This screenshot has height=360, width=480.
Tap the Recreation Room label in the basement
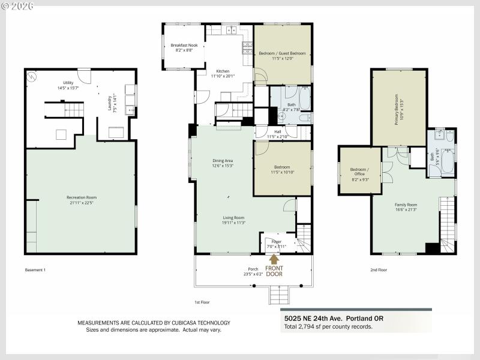82,197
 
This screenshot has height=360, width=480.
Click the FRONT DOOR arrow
275,259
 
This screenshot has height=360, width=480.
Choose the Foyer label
276,242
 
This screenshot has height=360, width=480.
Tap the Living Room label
234,218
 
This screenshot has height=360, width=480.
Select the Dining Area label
223,160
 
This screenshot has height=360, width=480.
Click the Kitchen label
223,71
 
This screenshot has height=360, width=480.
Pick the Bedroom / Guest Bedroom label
282,53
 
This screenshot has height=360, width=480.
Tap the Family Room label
406,205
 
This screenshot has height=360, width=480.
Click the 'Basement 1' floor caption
35,270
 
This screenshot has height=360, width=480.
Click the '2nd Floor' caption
378,270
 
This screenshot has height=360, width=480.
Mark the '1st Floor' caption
202,302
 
